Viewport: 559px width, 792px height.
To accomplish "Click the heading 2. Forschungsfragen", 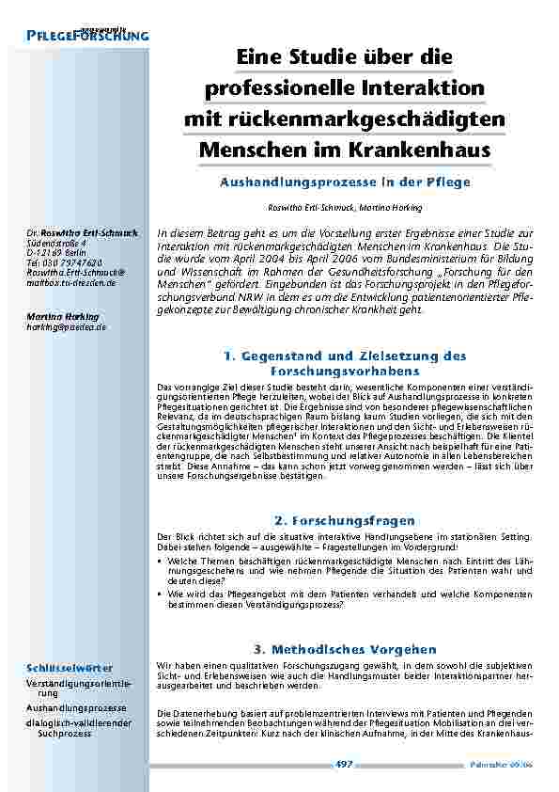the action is [x=344, y=519].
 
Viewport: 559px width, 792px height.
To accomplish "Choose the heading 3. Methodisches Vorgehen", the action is [x=344, y=649].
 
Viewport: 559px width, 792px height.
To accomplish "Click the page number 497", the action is [x=343, y=766].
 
